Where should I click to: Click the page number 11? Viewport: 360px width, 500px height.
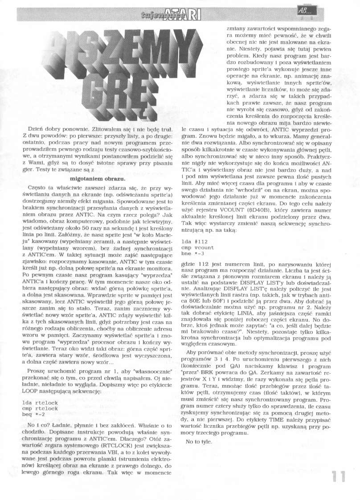tap(339, 476)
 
